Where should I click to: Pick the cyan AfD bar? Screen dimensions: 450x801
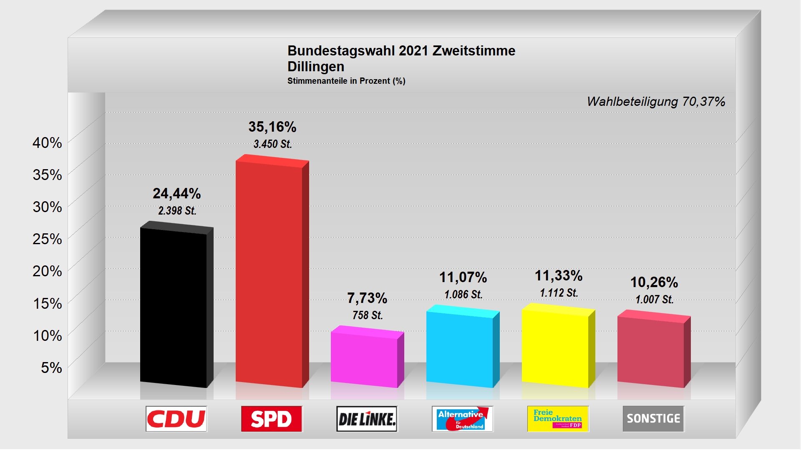(x=460, y=348)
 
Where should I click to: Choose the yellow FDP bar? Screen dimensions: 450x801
(x=555, y=347)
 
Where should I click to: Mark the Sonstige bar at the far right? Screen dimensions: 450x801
(x=651, y=351)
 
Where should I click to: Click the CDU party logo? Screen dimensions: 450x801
(x=176, y=419)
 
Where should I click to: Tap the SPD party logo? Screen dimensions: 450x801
(x=272, y=419)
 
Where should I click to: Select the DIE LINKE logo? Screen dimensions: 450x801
(x=367, y=419)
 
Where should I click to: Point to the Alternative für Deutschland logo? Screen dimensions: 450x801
(x=462, y=419)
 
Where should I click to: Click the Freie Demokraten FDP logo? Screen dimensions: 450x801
(x=558, y=419)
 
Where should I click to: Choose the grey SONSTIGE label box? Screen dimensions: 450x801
(x=653, y=419)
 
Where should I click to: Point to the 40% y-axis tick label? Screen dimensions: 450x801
(x=47, y=143)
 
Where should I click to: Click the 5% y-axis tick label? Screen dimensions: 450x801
(x=51, y=367)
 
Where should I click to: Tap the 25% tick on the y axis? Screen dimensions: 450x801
(x=47, y=239)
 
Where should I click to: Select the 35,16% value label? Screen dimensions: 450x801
(x=272, y=127)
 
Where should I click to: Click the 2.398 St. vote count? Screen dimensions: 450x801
(x=177, y=211)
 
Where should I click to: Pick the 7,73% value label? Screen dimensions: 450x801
(x=367, y=298)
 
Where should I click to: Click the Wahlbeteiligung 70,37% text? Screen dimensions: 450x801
(x=656, y=102)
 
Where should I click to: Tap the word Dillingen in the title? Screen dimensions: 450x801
(x=316, y=67)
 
